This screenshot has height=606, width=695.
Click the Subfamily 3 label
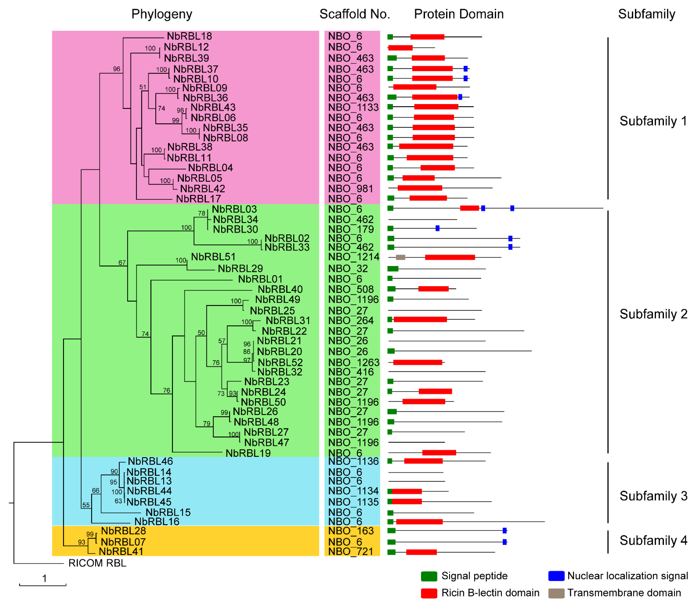point(653,496)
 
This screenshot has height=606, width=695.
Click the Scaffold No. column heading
point(355,14)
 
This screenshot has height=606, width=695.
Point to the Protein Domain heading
point(459,14)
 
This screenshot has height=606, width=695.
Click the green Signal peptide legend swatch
point(429,576)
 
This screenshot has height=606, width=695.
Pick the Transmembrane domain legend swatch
point(556,593)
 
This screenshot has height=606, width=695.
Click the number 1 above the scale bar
point(44,578)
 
